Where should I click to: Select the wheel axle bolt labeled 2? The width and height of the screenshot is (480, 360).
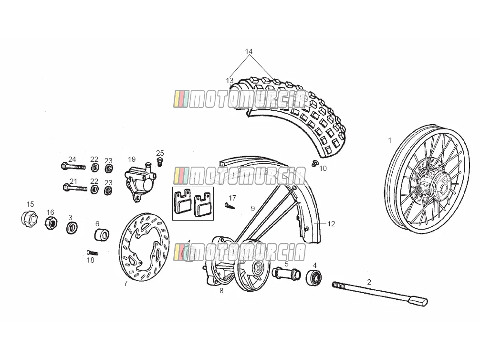[x=380, y=293]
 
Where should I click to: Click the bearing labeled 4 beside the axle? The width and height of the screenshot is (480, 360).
[x=314, y=277]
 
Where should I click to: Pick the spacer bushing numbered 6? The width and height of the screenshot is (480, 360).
[x=102, y=235]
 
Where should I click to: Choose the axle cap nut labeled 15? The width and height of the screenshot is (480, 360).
[x=30, y=219]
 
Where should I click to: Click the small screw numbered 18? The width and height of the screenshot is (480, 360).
[x=93, y=253]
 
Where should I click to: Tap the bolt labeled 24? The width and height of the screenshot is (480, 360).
[x=73, y=166]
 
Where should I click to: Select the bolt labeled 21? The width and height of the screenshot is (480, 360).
[x=75, y=188]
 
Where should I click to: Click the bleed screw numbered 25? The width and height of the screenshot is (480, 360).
[x=159, y=162]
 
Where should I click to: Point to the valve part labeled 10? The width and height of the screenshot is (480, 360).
[x=314, y=164]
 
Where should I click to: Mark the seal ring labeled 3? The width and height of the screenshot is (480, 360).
[x=72, y=228]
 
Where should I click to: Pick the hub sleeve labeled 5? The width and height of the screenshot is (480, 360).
[x=287, y=273]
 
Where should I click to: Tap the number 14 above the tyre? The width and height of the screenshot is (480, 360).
[x=249, y=52]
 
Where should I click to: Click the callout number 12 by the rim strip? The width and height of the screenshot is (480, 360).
[x=332, y=224]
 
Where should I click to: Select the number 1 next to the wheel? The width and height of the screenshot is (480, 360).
[x=390, y=140]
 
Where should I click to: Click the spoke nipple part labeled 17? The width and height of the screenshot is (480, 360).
[x=230, y=206]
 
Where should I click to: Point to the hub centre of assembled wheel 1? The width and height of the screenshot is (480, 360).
[x=442, y=186]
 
